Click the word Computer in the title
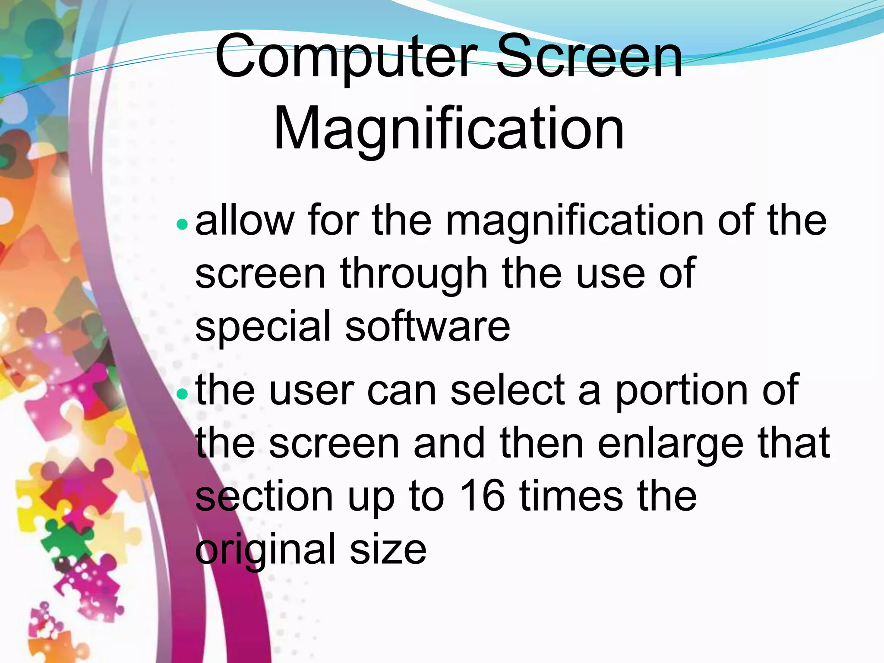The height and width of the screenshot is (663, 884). click(x=346, y=58)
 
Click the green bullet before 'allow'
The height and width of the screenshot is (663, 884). click(x=182, y=224)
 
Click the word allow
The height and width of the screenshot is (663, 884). click(x=244, y=220)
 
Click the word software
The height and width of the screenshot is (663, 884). click(x=427, y=325)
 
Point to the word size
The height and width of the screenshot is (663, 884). click(x=388, y=549)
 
